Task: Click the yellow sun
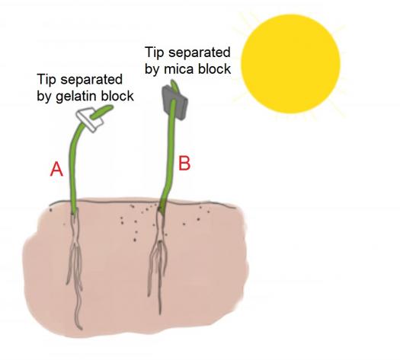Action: click(x=290, y=64)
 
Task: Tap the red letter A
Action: click(x=56, y=169)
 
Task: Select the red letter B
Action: click(x=184, y=164)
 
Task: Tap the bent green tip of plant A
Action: click(x=101, y=112)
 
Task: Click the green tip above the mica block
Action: click(x=174, y=85)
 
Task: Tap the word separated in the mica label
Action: click(x=200, y=53)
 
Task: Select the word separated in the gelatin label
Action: click(x=91, y=79)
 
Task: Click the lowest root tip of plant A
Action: click(x=81, y=329)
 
